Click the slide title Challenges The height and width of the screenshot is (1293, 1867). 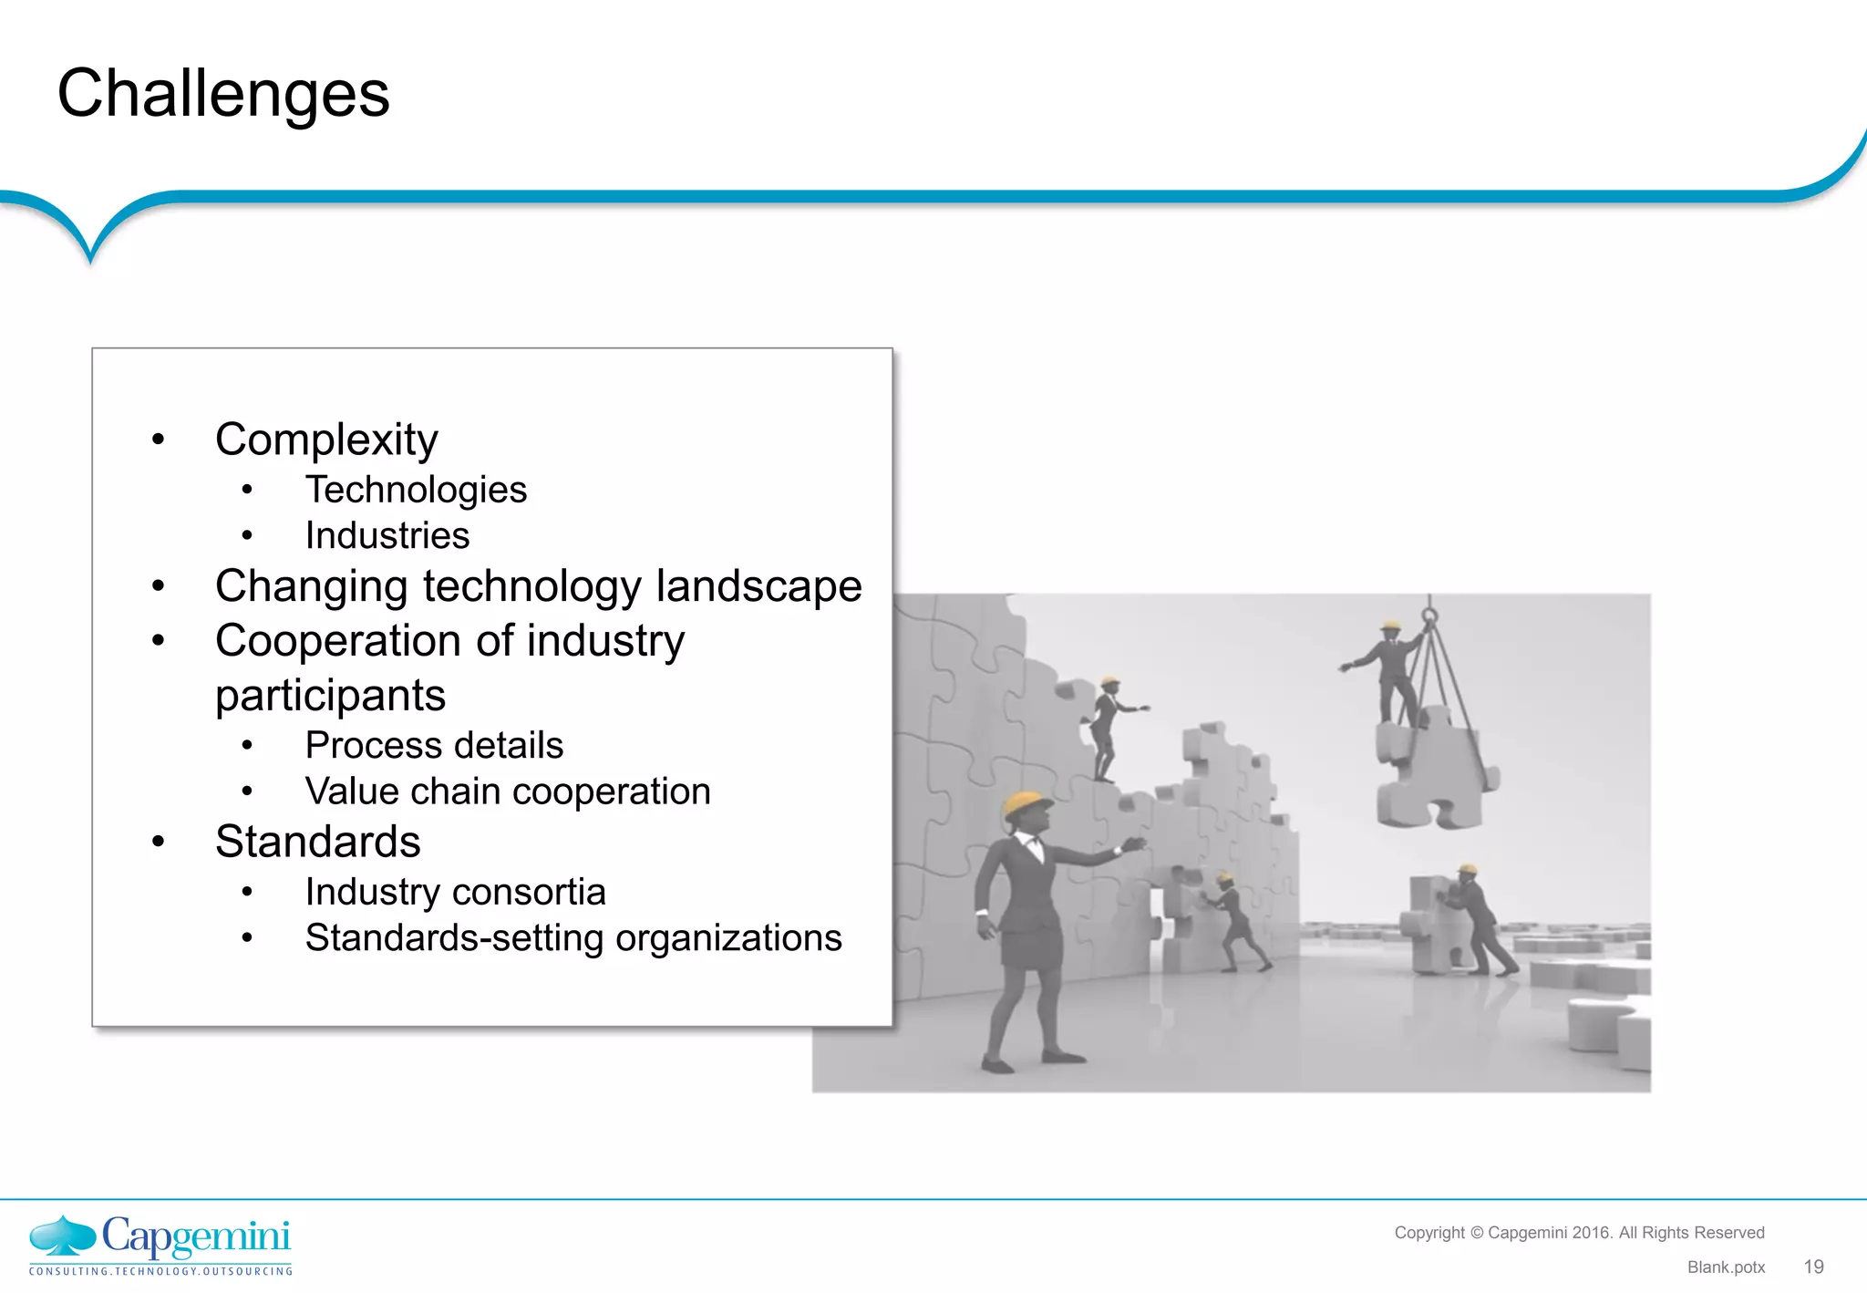point(223,94)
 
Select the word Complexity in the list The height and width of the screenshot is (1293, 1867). point(326,440)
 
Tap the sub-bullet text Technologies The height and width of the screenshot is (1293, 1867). point(416,490)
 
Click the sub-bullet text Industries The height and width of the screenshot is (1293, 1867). point(387,535)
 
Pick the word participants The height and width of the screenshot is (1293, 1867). point(330,696)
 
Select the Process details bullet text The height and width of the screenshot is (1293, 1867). point(434,745)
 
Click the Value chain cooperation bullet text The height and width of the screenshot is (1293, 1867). point(508,791)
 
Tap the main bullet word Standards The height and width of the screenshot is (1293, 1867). point(317,841)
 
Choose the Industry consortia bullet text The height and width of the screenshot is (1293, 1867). point(455,892)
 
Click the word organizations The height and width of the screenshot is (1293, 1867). point(728,937)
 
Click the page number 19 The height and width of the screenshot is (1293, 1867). point(1813,1267)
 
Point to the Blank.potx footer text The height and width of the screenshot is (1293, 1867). point(1726,1267)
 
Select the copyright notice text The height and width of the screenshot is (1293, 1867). point(1579,1233)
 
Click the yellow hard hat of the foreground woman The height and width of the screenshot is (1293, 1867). point(1025,802)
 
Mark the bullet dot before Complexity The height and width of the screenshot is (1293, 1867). point(159,440)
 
